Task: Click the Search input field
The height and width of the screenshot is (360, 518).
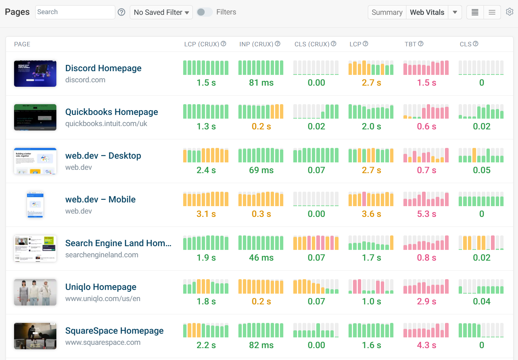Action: pos(75,12)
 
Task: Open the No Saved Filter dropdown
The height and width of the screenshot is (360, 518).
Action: pos(161,12)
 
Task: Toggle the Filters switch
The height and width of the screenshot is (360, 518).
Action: pos(204,12)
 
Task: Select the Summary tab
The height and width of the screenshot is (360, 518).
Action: pos(387,12)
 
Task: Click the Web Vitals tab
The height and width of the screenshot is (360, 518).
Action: pos(427,12)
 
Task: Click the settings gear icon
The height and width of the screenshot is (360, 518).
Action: pos(509,12)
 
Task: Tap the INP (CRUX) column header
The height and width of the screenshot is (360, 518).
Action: pos(256,44)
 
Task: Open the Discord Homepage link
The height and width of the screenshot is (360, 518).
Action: pos(103,68)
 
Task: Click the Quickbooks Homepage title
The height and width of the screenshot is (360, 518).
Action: pos(111,112)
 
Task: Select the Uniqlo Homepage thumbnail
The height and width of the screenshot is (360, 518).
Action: pos(35,293)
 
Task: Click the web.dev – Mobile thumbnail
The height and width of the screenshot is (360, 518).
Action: pos(35,205)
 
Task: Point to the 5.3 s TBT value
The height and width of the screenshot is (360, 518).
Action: pos(426,214)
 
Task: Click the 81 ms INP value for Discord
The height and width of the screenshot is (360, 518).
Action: pos(261,83)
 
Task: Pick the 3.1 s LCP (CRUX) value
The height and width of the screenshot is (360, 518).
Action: pos(206,214)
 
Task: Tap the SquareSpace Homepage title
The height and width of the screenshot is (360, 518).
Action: pos(114,331)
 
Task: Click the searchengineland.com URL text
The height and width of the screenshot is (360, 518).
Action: pos(102,255)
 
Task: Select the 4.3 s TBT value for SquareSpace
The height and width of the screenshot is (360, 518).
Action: pos(426,345)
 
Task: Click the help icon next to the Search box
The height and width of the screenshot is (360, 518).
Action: pos(121,12)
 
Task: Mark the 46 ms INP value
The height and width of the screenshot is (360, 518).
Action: pos(261,258)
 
